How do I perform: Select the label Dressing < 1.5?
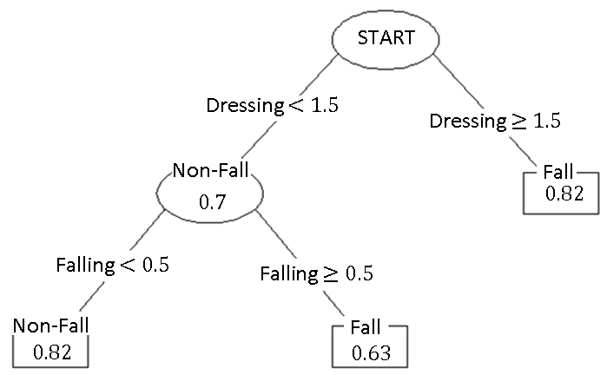tap(272, 106)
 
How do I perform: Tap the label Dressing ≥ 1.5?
tap(495, 120)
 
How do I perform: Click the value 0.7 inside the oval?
tap(212, 202)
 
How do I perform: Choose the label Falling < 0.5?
tap(112, 264)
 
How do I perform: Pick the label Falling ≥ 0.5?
tap(316, 274)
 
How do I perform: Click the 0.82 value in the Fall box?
tap(563, 193)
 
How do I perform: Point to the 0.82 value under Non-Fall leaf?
tap(50, 352)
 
